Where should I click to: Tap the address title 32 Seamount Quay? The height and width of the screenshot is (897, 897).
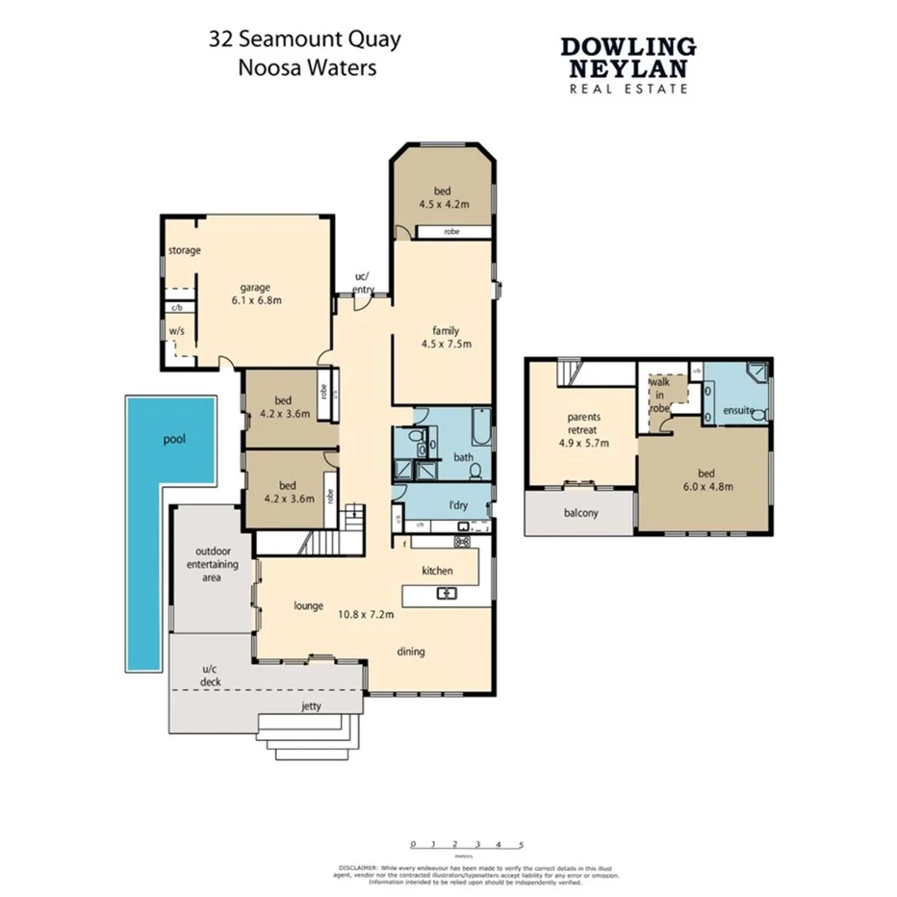coord(305,40)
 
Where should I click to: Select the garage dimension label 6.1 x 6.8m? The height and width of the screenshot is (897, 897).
coord(256,300)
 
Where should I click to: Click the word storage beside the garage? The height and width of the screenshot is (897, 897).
coord(184,251)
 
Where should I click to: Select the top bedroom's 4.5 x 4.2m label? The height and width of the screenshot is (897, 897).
coord(444,204)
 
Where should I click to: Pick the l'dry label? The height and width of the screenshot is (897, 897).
coord(446,505)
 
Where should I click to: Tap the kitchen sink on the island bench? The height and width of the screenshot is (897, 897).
coord(447,593)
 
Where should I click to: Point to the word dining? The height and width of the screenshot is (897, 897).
coord(411,652)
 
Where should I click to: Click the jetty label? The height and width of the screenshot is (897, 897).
coord(311,705)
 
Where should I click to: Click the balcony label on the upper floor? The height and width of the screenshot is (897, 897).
coord(579,513)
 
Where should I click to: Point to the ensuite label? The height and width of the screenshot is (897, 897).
coord(737,411)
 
